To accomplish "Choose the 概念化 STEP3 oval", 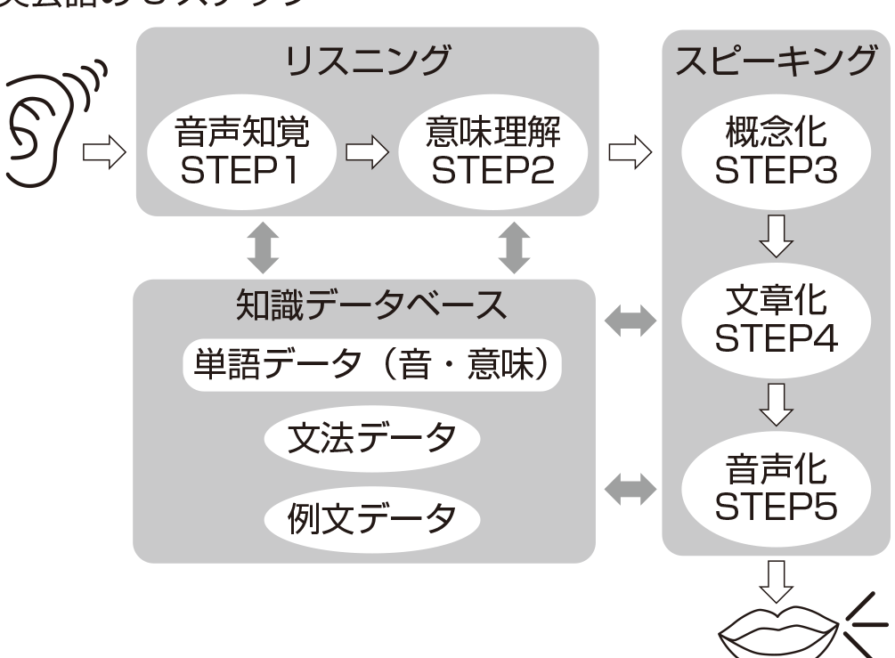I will [x=776, y=152].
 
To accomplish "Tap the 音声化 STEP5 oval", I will [x=776, y=489].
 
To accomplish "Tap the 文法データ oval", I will [x=372, y=437].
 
